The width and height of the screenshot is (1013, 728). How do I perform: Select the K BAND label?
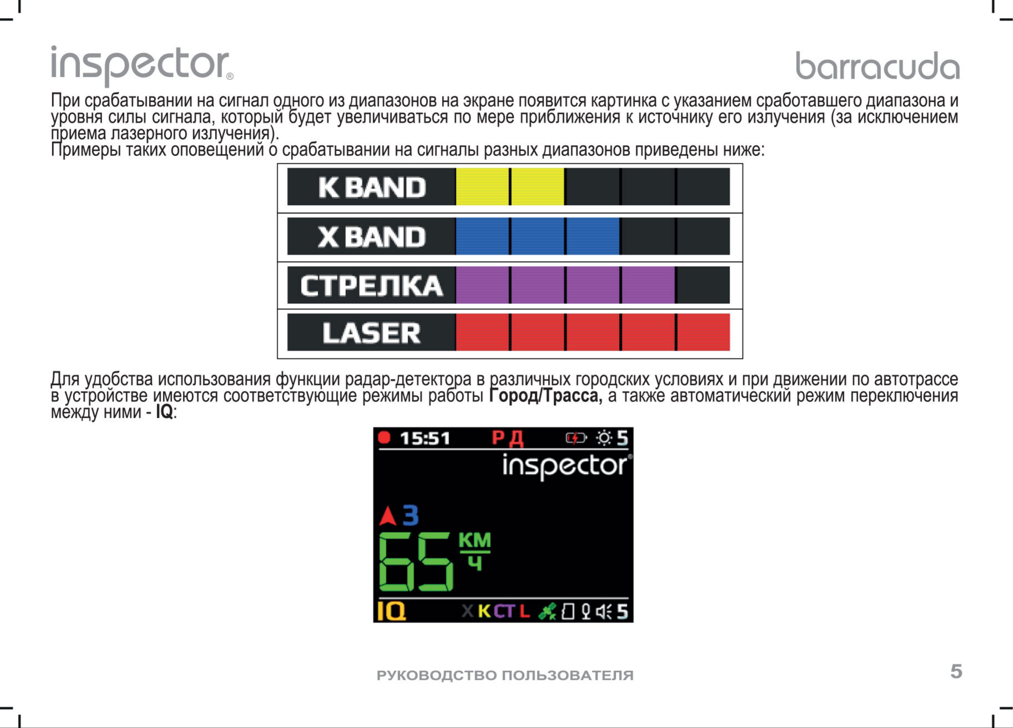[x=372, y=187]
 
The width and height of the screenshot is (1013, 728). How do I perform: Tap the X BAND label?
[x=372, y=236]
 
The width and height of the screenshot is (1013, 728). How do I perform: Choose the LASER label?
[x=372, y=333]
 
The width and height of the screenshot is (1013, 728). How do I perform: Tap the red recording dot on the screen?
[x=384, y=437]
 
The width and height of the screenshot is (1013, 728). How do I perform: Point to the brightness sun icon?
[x=604, y=438]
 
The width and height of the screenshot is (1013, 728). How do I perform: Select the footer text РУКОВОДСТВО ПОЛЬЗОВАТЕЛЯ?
[x=505, y=675]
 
